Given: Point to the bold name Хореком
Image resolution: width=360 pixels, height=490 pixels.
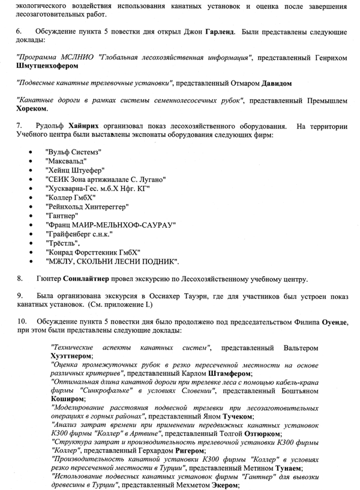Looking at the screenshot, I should click(x=32, y=110).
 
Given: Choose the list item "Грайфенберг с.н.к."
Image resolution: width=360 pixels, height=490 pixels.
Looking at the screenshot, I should click(x=79, y=234).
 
